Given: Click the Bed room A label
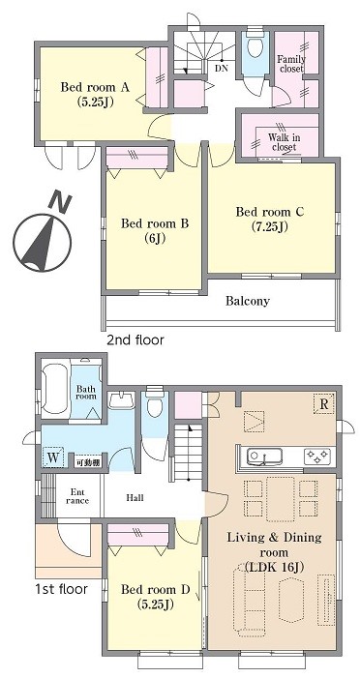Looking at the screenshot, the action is pyautogui.click(x=95, y=95).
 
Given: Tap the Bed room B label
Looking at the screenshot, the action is pyautogui.click(x=155, y=230).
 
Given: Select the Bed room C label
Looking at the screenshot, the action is pyautogui.click(x=270, y=219).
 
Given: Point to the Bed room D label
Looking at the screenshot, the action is pyautogui.click(x=156, y=597).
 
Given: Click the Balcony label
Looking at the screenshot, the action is pyautogui.click(x=248, y=301).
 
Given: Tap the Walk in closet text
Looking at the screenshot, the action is pyautogui.click(x=284, y=142).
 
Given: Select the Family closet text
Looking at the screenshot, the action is pyautogui.click(x=291, y=64).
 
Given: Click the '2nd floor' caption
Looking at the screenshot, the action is pyautogui.click(x=135, y=339).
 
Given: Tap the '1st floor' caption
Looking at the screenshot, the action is pyautogui.click(x=61, y=588).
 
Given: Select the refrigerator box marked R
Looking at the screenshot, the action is pyautogui.click(x=323, y=404).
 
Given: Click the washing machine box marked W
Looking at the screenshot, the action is pyautogui.click(x=53, y=457).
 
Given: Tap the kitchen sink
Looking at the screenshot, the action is pyautogui.click(x=264, y=457).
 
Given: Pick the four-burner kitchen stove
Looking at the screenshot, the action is pyautogui.click(x=317, y=457).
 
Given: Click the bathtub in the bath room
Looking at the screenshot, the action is pyautogui.click(x=54, y=388).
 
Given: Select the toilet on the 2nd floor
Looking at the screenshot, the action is pyautogui.click(x=254, y=46).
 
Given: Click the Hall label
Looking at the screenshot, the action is pyautogui.click(x=135, y=498).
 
